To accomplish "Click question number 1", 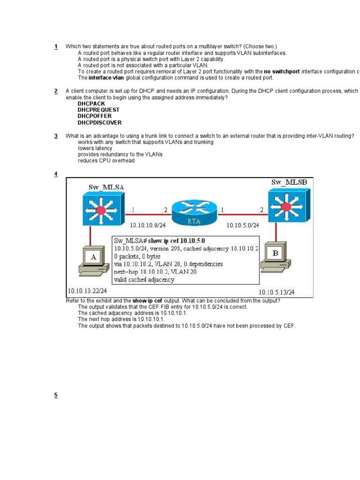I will pyautogui.click(x=56, y=46).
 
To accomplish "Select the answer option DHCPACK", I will pyautogui.click(x=91, y=103).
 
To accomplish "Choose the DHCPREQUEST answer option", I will pyautogui.click(x=98, y=110).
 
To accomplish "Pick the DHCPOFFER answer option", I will pyautogui.click(x=95, y=116).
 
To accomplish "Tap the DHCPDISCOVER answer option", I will pyautogui.click(x=99, y=123).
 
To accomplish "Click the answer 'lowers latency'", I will pyautogui.click(x=95, y=148).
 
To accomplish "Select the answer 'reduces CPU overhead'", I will pyautogui.click(x=106, y=161).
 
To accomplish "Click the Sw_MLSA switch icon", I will pyautogui.click(x=100, y=210).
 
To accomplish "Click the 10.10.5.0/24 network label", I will pyautogui.click(x=243, y=225).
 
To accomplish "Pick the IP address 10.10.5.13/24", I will pyautogui.click(x=277, y=292).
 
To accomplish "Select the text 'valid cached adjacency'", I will pyautogui.click(x=144, y=280).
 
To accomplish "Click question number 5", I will pyautogui.click(x=56, y=395).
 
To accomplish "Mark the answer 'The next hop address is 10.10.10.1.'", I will pyautogui.click(x=121, y=319).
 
